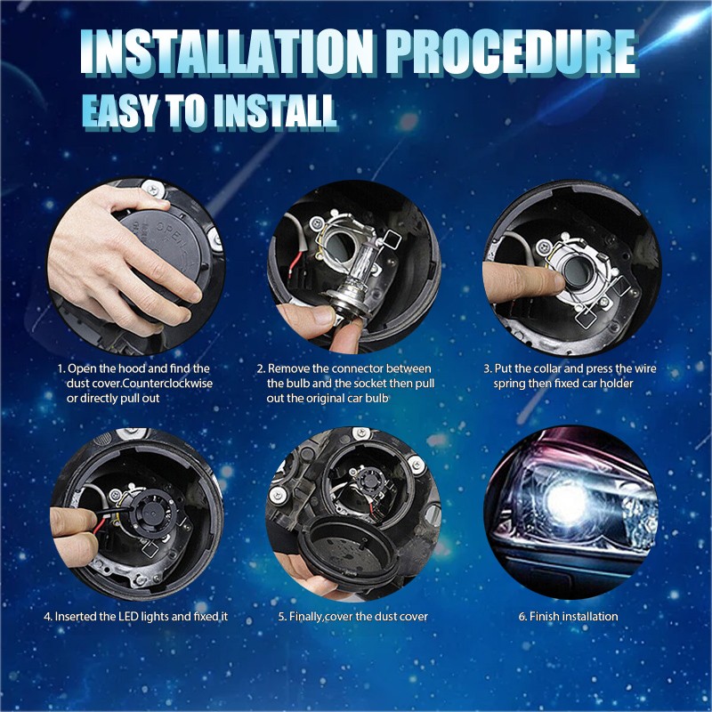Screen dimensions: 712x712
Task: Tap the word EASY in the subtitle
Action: (120, 111)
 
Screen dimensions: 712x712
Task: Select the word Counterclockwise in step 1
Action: (167, 384)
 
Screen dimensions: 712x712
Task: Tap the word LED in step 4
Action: (128, 616)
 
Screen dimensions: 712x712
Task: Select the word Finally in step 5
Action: (306, 617)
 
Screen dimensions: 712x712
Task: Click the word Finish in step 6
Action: (544, 616)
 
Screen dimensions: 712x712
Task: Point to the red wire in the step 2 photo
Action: (295, 264)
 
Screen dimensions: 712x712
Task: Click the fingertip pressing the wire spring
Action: (552, 281)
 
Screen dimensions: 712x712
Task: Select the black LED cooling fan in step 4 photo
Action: (153, 511)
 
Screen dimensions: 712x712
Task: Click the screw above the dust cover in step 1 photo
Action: (150, 189)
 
